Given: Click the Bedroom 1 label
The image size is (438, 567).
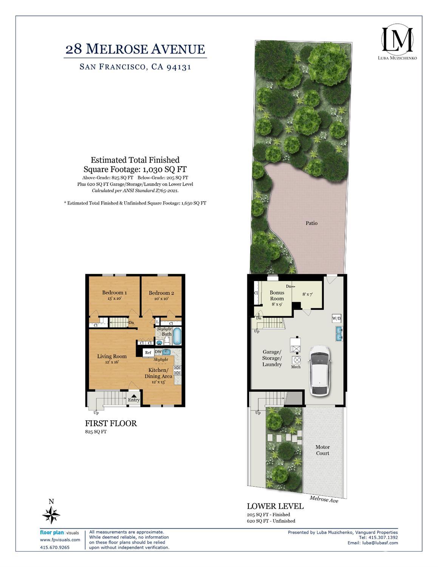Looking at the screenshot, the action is click(115, 292).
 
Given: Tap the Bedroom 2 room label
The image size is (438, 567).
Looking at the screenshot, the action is click(161, 293).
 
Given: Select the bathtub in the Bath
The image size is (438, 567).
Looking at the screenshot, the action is click(177, 336).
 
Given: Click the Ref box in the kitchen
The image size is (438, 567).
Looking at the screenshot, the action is click(148, 353).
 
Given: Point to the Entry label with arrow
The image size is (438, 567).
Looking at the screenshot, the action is click(134, 398).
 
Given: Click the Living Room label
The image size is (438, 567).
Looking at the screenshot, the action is click(112, 356).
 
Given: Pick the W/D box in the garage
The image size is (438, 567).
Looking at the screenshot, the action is click(336, 318).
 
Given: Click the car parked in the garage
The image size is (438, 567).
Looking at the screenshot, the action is click(320, 370).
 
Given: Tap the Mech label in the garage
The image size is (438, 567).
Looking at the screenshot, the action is click(296, 367).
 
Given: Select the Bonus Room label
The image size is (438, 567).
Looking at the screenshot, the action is click(277, 295).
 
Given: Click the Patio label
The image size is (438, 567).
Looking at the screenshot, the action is click(311, 223).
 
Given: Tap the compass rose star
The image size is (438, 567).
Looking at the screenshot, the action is click(51, 515).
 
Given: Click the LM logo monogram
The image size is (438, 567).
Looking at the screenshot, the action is click(397, 39).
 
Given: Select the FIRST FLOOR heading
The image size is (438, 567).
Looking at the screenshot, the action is click(111, 423).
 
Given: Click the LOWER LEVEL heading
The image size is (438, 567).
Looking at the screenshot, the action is click(275, 506).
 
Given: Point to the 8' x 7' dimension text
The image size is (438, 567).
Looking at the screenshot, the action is click(308, 294).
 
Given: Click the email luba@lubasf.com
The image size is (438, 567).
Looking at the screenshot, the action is click(373, 543).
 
